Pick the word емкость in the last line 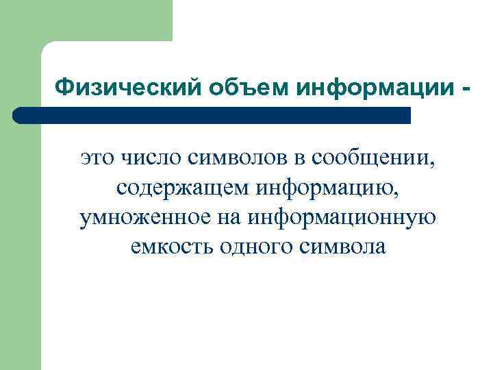(x=170, y=246)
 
